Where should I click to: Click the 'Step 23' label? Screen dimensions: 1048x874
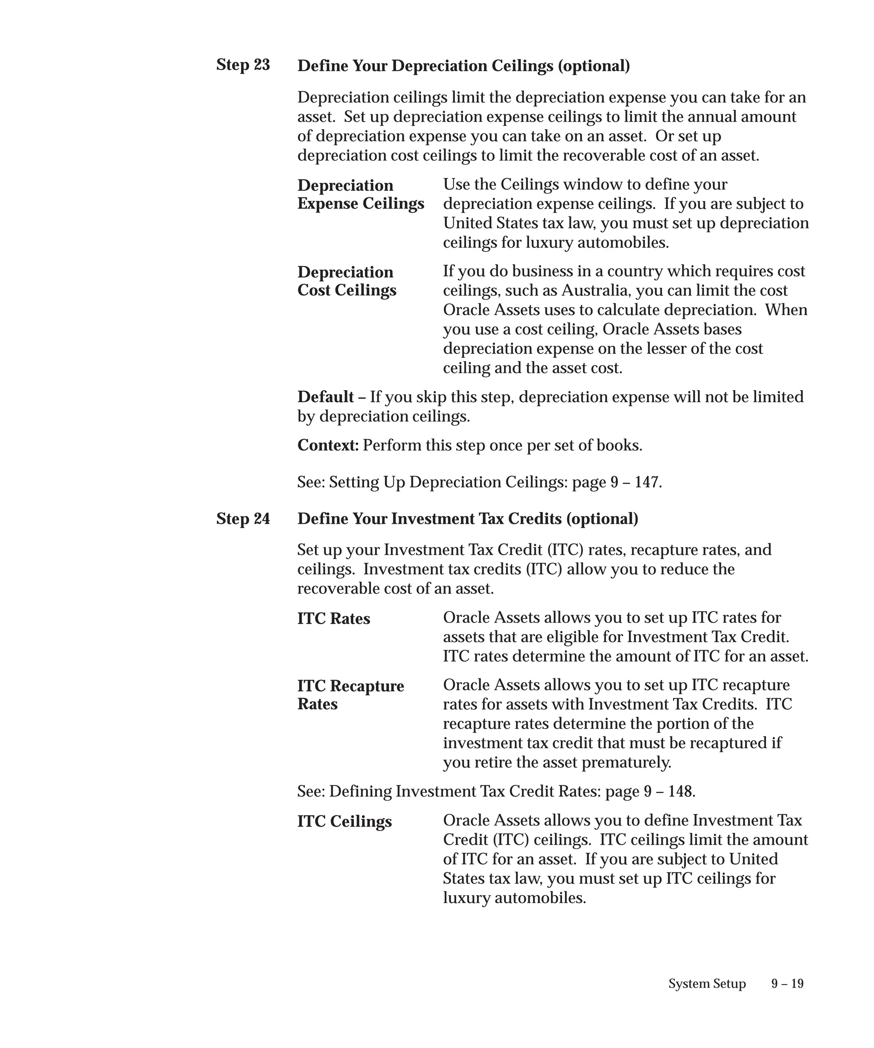click(x=243, y=65)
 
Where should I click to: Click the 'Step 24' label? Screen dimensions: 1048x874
click(x=243, y=519)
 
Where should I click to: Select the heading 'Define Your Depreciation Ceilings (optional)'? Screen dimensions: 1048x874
click(x=463, y=66)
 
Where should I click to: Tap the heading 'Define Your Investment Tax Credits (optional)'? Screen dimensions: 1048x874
click(x=467, y=519)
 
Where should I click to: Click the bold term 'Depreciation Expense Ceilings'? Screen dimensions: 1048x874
click(x=361, y=194)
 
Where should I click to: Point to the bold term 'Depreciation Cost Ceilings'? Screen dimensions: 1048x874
click(x=347, y=281)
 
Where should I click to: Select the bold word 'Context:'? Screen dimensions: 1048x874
click(x=328, y=445)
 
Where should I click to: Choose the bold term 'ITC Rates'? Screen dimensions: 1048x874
click(x=334, y=619)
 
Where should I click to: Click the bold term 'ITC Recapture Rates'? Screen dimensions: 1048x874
click(x=351, y=695)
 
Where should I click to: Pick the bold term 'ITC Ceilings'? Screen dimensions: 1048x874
click(x=344, y=822)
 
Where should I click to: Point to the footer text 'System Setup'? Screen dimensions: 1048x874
click(x=707, y=984)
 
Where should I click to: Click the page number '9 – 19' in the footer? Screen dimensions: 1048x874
click(x=787, y=984)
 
